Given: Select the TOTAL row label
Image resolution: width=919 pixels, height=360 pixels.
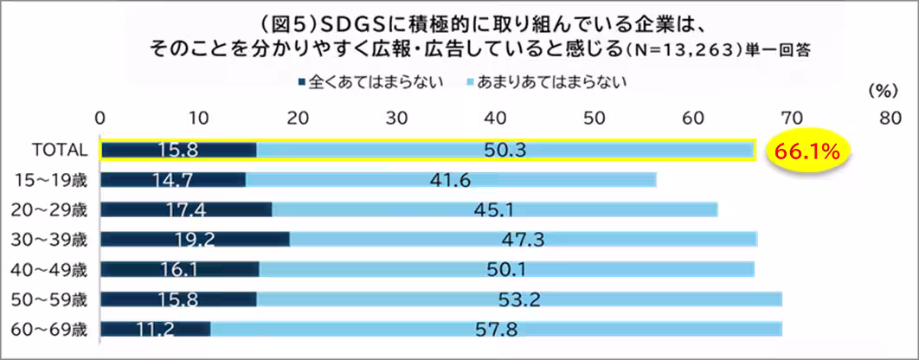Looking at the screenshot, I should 60,150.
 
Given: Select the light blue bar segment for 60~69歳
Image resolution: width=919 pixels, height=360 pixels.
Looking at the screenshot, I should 496,329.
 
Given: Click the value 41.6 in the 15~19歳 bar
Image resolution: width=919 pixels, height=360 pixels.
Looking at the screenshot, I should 449,180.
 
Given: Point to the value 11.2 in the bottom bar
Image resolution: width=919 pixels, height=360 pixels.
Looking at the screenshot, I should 156,329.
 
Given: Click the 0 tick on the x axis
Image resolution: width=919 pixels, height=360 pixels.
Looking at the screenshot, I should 100,118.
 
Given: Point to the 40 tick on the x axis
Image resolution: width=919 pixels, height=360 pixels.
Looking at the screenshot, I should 496,118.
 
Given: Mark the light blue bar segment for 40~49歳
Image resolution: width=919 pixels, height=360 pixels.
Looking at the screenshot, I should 506,269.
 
